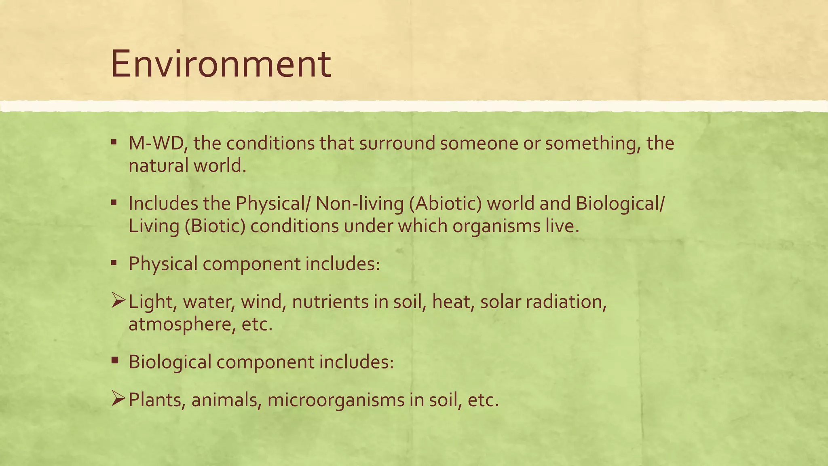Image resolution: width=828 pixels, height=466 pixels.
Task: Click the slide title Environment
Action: tap(221, 64)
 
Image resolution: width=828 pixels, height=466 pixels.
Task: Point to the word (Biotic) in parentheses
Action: tap(215, 226)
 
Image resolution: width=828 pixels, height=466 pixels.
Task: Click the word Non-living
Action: tap(359, 203)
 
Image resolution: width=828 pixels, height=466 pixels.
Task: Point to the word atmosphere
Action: tap(180, 324)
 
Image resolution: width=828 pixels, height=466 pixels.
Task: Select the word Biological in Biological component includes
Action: tap(170, 362)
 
